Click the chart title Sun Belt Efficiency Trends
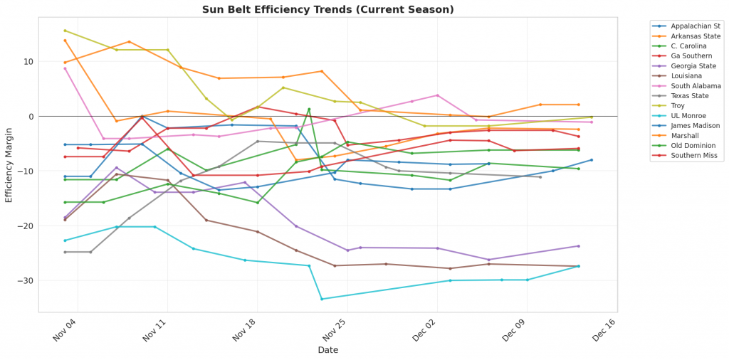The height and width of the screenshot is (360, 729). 327,9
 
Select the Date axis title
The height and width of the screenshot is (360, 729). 327,350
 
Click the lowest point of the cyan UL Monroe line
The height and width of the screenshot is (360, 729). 322,299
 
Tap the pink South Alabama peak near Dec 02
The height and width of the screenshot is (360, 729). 437,95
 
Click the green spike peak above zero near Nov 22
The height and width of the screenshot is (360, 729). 309,109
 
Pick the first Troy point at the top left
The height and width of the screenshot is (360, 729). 65,31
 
